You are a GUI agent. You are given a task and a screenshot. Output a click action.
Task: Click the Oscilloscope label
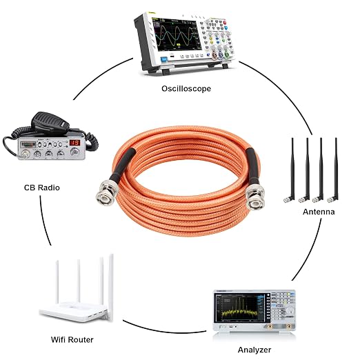click(x=186, y=88)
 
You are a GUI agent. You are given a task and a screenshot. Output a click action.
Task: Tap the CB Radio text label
click(x=42, y=188)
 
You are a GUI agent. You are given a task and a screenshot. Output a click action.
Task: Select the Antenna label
click(x=319, y=212)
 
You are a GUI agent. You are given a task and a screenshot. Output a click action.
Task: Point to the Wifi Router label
click(x=72, y=339)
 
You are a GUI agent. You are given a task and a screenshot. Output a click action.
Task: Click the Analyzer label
click(x=254, y=350)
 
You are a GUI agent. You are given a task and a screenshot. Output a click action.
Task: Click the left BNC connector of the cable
click(x=106, y=193)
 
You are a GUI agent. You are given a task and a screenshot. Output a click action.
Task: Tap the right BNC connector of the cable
click(x=254, y=197)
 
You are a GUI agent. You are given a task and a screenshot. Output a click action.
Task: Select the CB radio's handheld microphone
click(x=50, y=123)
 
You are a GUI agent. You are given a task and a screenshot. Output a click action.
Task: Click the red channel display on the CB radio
click(x=74, y=143)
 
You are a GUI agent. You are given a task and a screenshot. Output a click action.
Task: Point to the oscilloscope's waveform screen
click(x=177, y=34)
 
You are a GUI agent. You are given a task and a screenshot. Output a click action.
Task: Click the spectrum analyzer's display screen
click(x=239, y=308)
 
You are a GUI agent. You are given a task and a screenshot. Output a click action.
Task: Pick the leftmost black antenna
click(x=290, y=170)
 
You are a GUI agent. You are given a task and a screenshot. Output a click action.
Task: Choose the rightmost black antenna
click(x=334, y=170)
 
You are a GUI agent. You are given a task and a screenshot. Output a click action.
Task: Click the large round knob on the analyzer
click(x=290, y=310)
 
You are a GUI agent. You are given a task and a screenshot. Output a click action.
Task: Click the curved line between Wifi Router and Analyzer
click(x=163, y=330)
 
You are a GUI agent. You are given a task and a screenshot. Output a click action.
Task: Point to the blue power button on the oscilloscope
click(x=164, y=59)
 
